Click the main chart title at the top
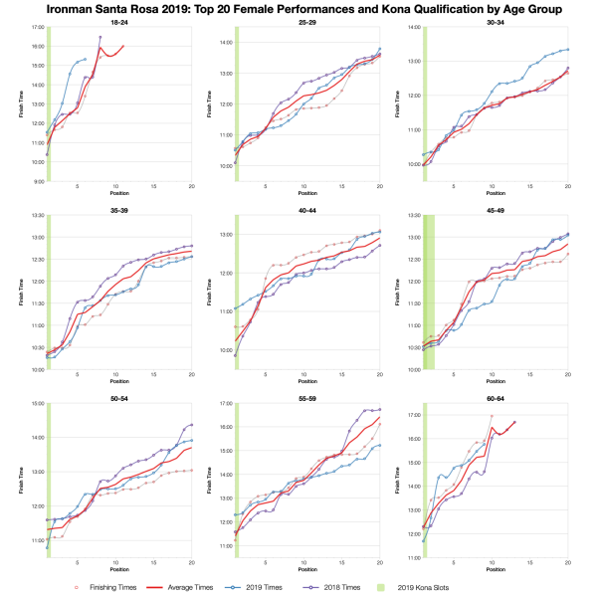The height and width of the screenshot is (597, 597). click(298, 8)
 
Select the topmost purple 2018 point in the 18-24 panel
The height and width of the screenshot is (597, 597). click(100, 37)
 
